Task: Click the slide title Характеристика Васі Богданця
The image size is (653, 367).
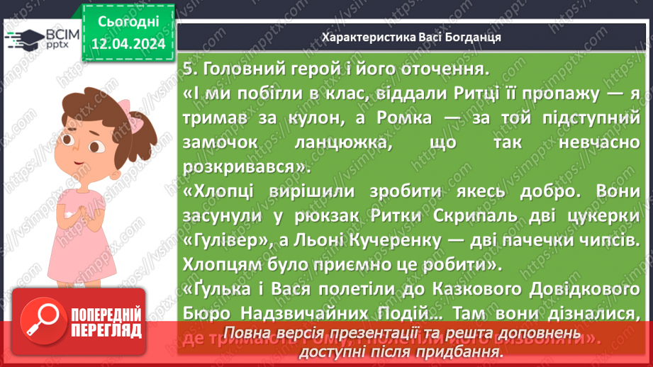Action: point(411,38)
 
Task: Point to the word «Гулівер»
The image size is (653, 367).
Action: point(225,238)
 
